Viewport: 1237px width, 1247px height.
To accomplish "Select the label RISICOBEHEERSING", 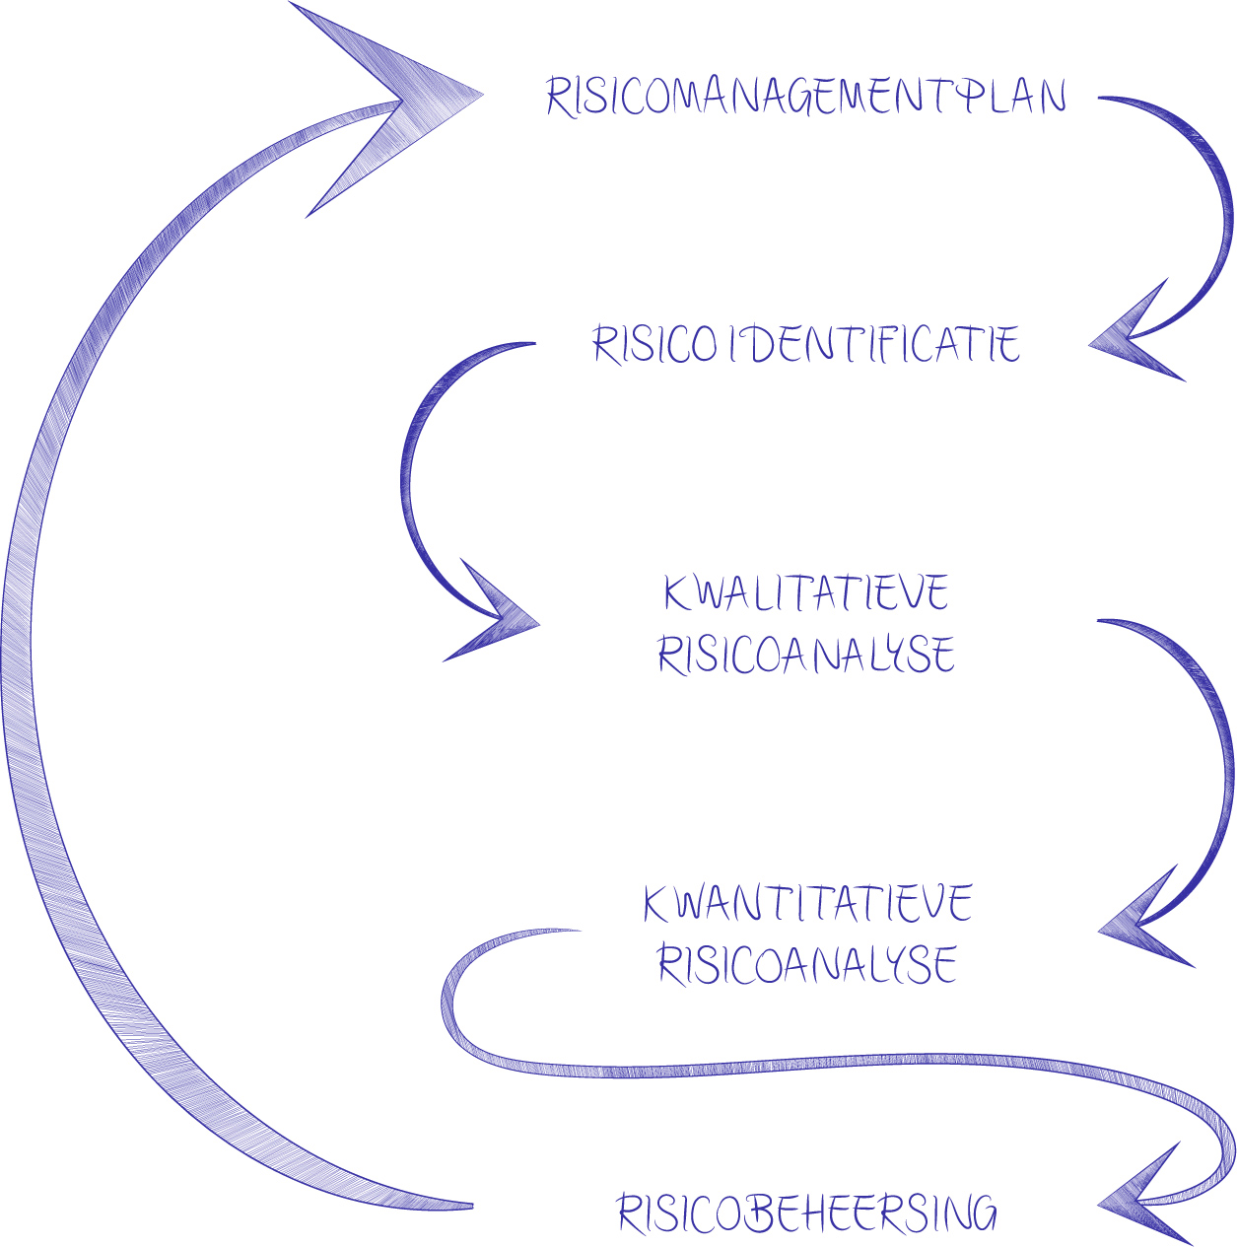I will coord(806,1213).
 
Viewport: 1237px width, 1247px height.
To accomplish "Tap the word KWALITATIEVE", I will coord(806,593).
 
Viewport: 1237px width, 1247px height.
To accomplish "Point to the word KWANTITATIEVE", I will coord(807,903).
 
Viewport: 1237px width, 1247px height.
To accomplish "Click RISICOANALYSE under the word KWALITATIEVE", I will coord(806,656).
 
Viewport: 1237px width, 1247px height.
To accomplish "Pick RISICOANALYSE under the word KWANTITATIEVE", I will coord(807,964).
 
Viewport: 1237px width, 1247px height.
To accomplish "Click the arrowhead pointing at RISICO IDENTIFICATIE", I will coord(1129,340).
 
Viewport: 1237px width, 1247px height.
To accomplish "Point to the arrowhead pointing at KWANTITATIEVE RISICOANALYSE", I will coord(1138,925).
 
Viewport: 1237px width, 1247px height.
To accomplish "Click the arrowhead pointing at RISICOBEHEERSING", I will coord(1138,1202).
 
